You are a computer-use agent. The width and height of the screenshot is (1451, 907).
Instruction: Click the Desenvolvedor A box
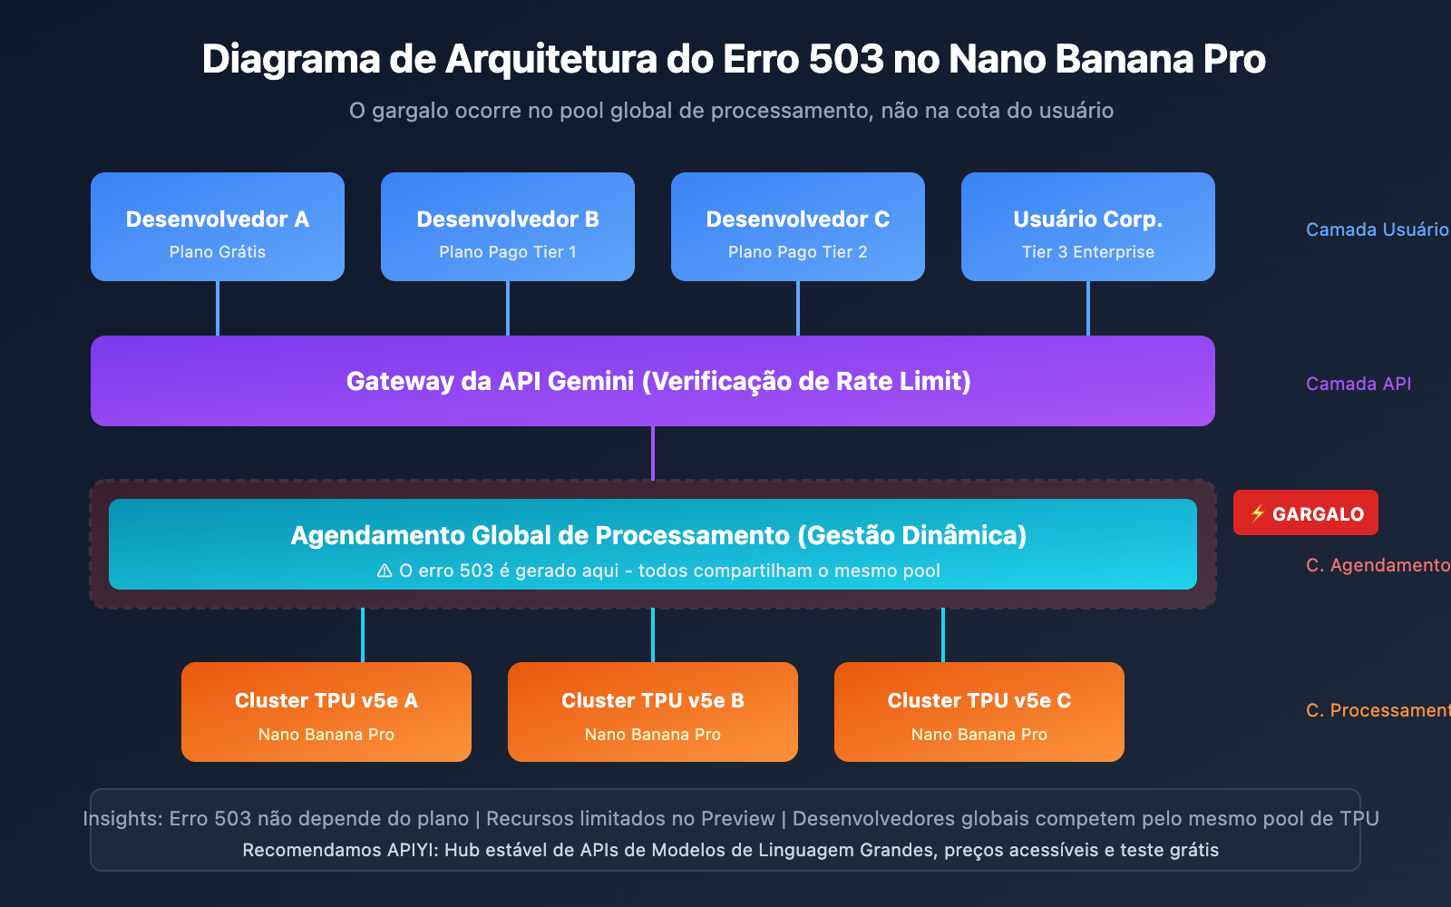(x=218, y=227)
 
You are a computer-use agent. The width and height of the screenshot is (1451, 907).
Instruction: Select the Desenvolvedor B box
(x=508, y=227)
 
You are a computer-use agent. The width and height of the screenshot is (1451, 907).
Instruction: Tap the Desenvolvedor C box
(x=798, y=227)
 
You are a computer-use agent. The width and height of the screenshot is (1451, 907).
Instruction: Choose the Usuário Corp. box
(x=1088, y=227)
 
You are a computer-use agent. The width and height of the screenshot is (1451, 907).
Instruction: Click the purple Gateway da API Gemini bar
(x=653, y=381)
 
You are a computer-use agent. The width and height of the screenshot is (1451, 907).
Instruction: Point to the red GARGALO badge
(x=1306, y=513)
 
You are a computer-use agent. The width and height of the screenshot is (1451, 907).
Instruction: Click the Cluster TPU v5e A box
(x=326, y=712)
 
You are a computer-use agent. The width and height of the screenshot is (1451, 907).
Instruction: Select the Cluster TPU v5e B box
(x=653, y=712)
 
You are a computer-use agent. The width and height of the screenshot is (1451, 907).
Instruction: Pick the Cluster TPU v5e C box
(x=979, y=712)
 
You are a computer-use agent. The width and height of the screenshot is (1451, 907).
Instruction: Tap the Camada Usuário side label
(x=1376, y=229)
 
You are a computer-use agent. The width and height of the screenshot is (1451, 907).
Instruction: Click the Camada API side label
(x=1358, y=384)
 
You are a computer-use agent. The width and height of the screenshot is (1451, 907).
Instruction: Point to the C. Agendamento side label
(x=1377, y=565)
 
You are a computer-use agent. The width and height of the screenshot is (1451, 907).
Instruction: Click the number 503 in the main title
(x=845, y=60)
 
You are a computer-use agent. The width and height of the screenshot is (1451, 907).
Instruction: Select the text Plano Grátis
(x=218, y=252)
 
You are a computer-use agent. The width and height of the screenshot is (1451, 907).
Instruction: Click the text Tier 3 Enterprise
(x=1088, y=252)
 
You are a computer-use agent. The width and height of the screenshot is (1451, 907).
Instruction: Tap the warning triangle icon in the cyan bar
(x=385, y=571)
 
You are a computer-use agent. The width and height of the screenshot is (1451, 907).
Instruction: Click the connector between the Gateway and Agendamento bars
(x=653, y=453)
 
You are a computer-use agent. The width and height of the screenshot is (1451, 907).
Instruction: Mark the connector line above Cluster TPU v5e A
(x=363, y=635)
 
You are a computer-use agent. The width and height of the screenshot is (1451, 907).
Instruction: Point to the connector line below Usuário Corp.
(x=1088, y=308)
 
